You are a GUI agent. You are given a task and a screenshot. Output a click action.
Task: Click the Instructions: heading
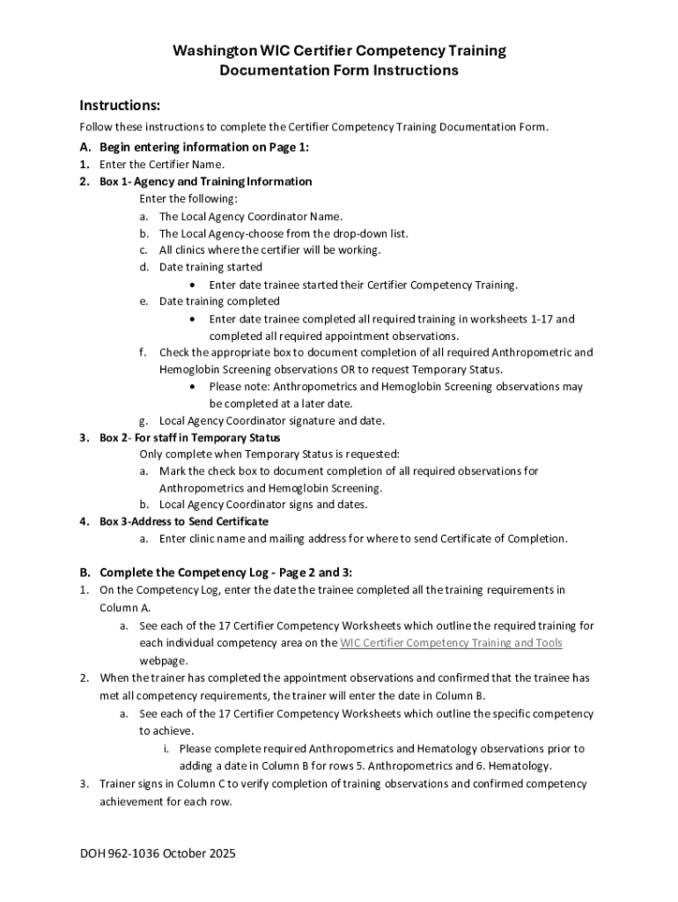(x=120, y=106)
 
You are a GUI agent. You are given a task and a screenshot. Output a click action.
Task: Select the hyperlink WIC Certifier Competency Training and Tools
(x=451, y=643)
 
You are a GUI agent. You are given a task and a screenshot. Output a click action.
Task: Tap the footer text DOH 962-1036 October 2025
(x=158, y=853)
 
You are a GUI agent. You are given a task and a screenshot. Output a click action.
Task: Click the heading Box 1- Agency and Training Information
(x=205, y=181)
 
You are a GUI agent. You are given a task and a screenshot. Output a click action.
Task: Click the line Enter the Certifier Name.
(x=162, y=165)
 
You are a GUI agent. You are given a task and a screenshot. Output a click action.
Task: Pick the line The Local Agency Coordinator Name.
(x=251, y=217)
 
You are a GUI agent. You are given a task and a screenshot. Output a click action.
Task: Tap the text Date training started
(x=210, y=267)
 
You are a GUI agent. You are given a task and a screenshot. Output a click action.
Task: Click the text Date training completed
(x=219, y=301)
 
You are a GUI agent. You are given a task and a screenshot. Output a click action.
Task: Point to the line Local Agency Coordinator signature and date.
(x=271, y=421)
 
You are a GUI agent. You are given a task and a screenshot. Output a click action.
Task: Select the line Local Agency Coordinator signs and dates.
(x=263, y=505)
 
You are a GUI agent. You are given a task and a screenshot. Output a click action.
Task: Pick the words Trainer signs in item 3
(x=131, y=784)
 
